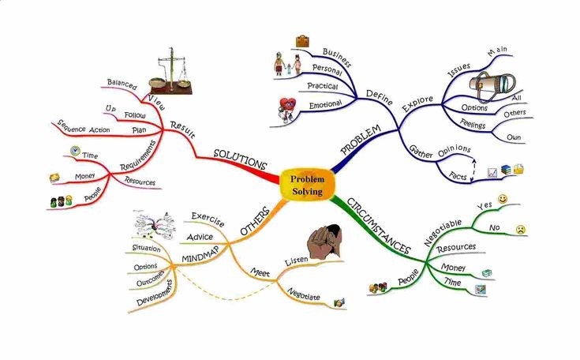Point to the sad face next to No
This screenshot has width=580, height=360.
(x=520, y=229)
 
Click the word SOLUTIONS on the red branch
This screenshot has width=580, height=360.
(x=240, y=159)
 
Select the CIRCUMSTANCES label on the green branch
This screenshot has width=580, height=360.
(x=378, y=224)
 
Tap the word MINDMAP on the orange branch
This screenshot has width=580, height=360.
(x=201, y=258)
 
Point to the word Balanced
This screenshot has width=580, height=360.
(x=122, y=83)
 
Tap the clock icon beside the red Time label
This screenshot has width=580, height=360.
(x=75, y=151)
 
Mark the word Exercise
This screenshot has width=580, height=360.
(x=209, y=216)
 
